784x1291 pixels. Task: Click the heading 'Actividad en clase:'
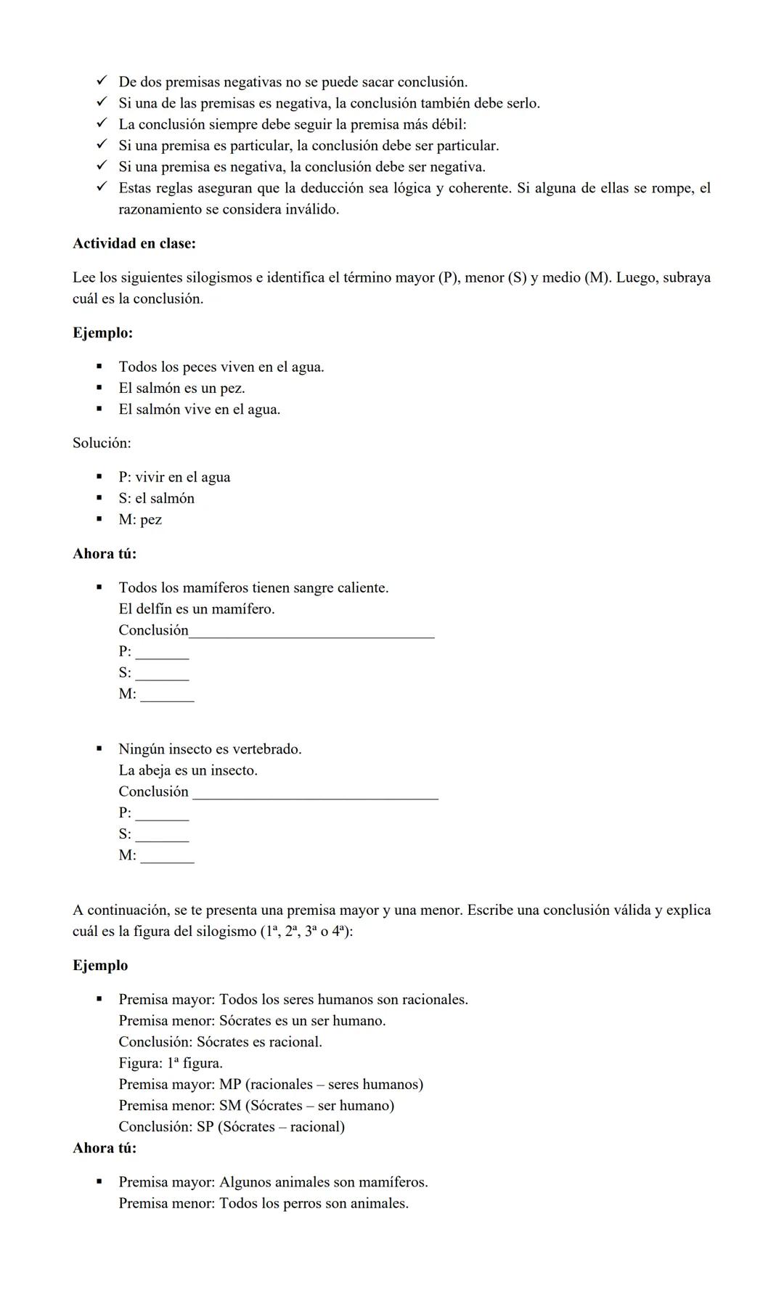pos(134,244)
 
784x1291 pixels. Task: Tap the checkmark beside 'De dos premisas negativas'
pos(102,81)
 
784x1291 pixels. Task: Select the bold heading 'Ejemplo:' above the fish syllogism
pos(102,333)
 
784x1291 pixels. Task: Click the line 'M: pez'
pos(140,520)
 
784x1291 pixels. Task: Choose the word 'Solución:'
pos(102,443)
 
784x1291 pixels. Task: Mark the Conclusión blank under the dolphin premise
pos(311,632)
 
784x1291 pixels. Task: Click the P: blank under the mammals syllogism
pos(162,653)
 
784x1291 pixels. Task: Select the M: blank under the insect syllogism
pos(167,856)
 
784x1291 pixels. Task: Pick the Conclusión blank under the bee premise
pos(315,793)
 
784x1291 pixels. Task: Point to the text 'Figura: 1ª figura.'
pos(171,1064)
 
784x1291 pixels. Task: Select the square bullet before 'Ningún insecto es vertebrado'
pos(99,749)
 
